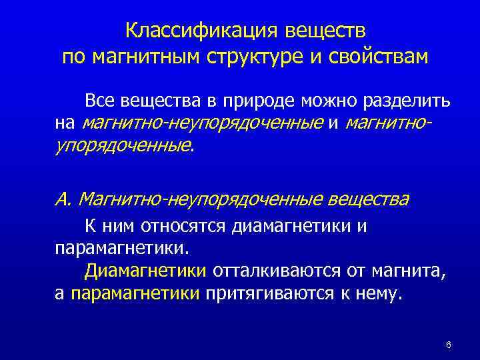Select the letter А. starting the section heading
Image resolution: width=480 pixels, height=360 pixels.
coord(64,199)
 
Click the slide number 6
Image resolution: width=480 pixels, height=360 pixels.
coord(449,345)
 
